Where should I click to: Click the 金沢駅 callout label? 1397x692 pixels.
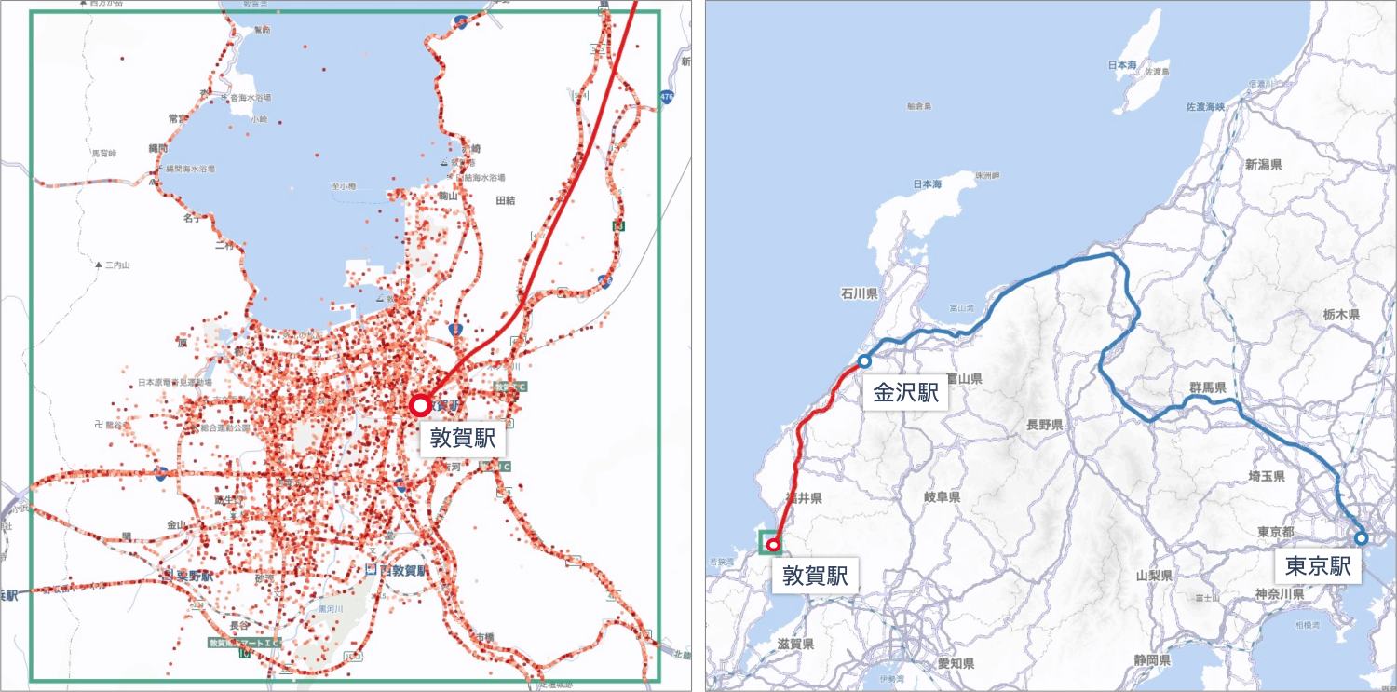point(904,392)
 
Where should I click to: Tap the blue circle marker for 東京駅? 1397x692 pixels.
point(1361,538)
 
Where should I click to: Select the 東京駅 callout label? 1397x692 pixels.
point(1318,565)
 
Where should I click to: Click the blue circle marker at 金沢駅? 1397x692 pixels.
point(864,360)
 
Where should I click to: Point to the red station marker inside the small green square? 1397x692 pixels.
point(771,544)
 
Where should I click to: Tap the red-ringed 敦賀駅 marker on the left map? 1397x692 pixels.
point(420,405)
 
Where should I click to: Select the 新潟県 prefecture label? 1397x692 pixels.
point(1263,165)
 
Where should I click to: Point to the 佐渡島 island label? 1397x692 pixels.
point(1157,72)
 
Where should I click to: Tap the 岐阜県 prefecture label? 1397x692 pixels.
point(942,498)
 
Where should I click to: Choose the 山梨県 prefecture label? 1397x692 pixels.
point(1153,577)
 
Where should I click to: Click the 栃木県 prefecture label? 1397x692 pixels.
point(1342,315)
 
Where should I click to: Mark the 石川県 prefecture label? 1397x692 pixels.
point(860,294)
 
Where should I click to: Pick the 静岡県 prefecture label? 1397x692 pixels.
point(1152,659)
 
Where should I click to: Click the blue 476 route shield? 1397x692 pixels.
point(665,97)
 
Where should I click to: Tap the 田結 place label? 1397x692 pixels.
point(506,200)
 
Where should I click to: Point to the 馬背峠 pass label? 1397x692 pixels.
point(103,153)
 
